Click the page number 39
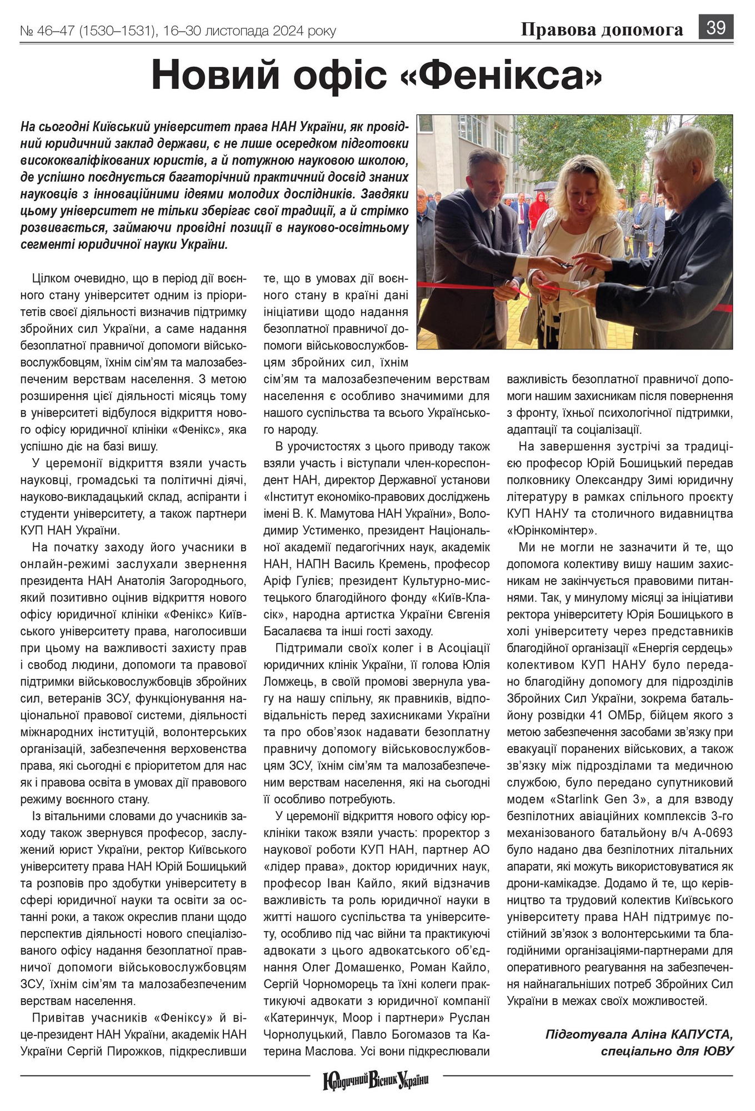coord(716,27)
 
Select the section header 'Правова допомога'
coord(602,29)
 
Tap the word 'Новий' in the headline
coord(214,75)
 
